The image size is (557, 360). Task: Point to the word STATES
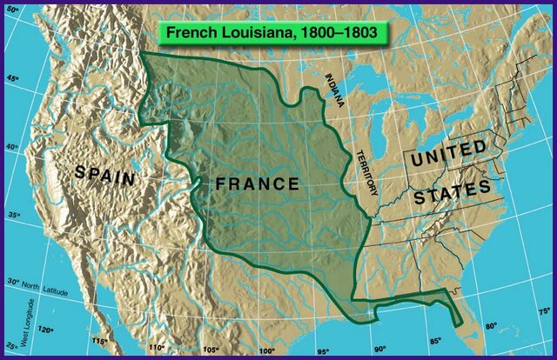coord(452,191)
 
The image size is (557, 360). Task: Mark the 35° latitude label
coord(12,215)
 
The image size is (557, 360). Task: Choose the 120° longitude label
coord(44,330)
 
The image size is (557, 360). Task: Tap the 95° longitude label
coord(323,350)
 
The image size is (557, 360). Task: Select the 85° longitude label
coord(434,341)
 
